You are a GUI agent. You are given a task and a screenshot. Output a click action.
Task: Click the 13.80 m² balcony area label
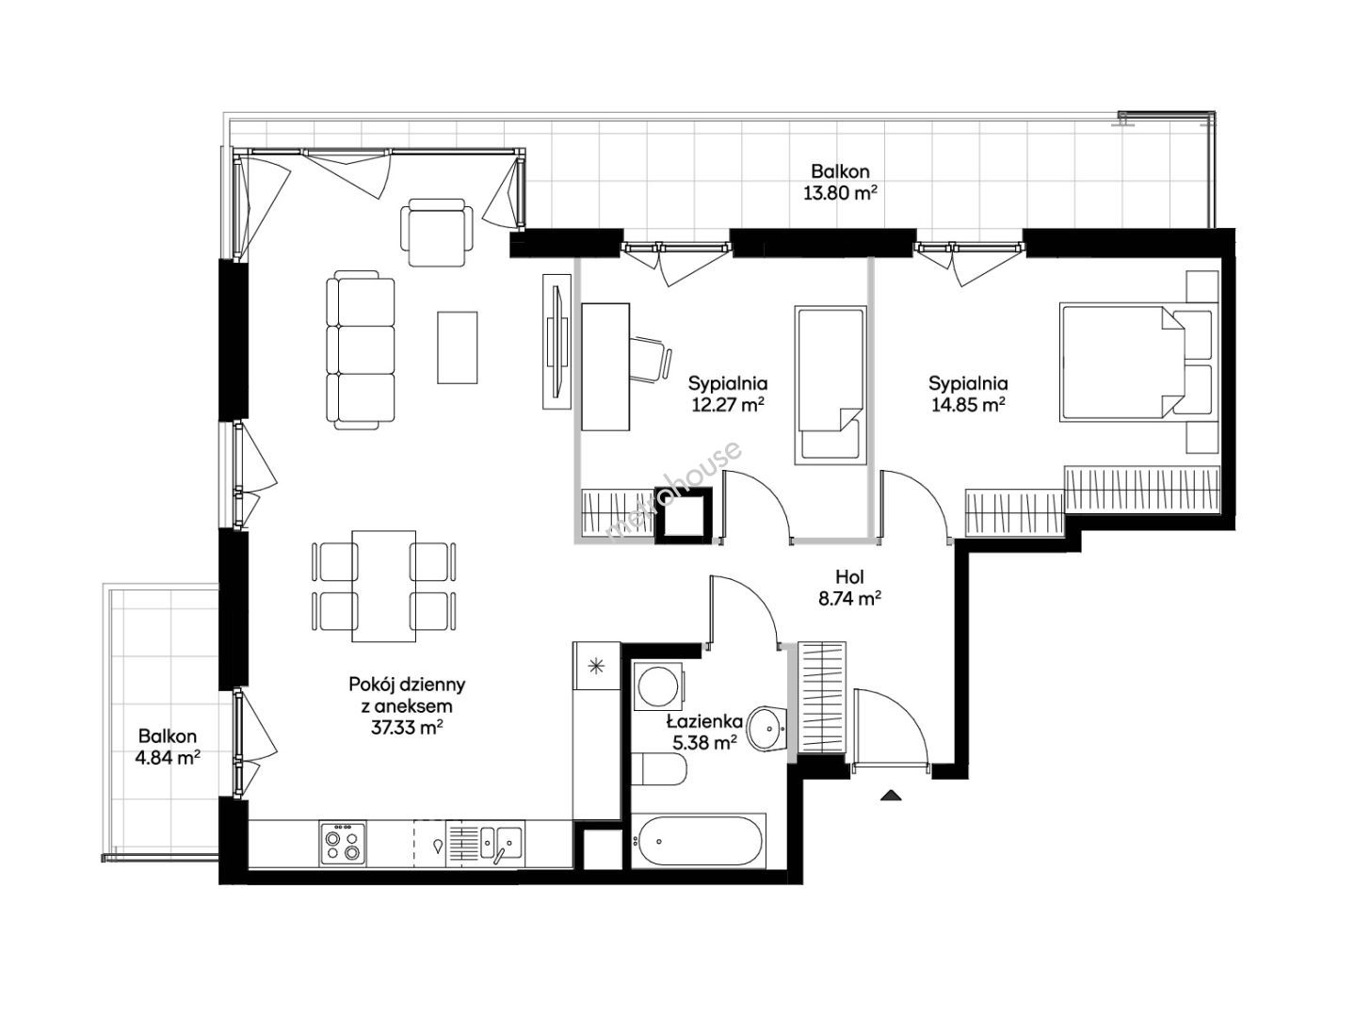click(840, 193)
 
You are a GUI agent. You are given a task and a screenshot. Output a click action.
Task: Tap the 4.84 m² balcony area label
click(168, 757)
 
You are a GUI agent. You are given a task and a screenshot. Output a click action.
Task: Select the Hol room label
click(849, 577)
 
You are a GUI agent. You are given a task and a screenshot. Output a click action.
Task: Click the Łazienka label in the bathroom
click(704, 720)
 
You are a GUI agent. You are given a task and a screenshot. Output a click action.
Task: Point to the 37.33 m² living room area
click(407, 728)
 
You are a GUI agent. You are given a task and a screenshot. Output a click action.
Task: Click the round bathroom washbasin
click(766, 728)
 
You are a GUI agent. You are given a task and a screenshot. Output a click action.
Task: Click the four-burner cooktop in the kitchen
click(343, 843)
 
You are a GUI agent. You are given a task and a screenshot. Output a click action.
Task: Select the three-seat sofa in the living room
click(360, 349)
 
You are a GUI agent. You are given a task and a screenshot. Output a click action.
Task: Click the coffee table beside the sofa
click(457, 347)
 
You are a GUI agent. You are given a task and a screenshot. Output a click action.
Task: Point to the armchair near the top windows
click(436, 233)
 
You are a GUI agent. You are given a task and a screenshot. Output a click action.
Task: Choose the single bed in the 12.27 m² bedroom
click(831, 386)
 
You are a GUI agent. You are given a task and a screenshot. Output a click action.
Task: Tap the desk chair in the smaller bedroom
click(652, 359)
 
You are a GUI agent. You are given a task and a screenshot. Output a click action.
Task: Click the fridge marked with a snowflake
click(596, 666)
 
